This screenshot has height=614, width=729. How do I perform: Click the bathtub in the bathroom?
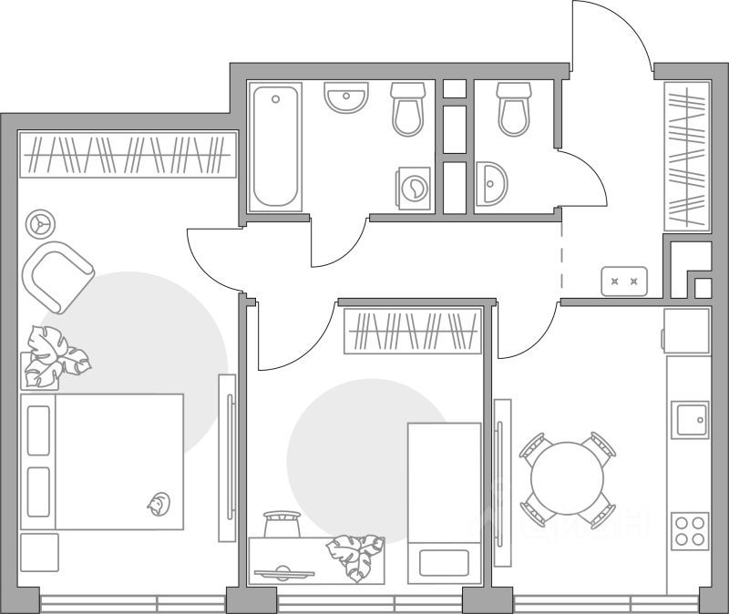click(276, 148)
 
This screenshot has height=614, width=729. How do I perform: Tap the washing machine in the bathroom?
click(415, 189)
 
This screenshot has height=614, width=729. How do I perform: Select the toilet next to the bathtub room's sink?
click(408, 108)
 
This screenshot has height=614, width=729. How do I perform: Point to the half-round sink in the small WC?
click(490, 185)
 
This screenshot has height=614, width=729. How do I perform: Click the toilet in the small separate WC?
click(514, 108)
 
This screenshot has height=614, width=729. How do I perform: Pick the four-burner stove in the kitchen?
click(690, 530)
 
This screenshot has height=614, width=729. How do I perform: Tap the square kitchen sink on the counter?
click(690, 420)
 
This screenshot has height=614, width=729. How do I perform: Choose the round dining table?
click(568, 479)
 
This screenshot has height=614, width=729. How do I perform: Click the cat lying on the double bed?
click(159, 501)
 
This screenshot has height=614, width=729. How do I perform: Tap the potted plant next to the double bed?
click(55, 355)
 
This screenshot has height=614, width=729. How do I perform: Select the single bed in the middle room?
click(444, 502)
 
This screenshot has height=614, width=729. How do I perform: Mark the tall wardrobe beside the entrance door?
click(687, 156)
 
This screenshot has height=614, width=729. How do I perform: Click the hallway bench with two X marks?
click(624, 281)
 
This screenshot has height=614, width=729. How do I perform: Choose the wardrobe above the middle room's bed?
click(412, 332)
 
